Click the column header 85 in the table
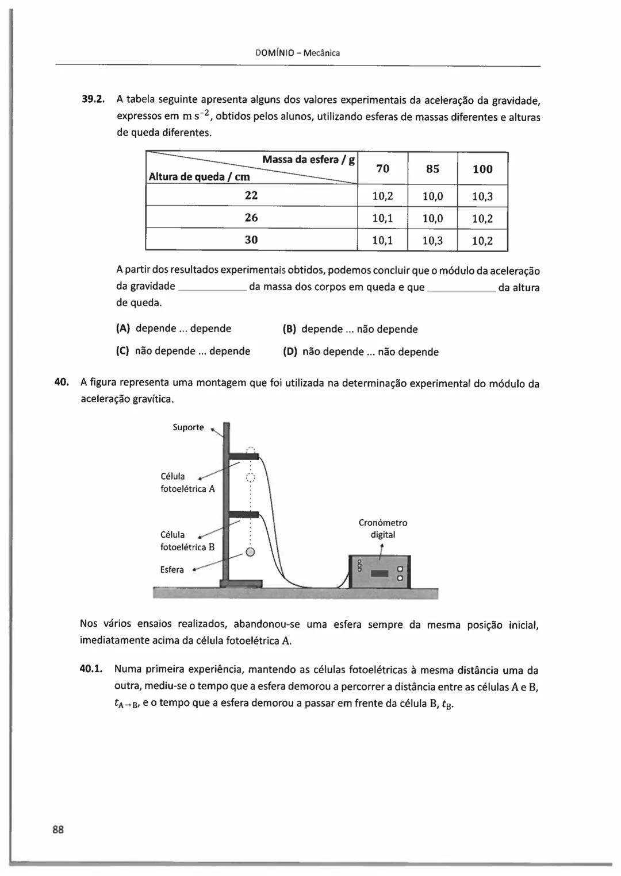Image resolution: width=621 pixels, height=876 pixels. tap(432, 169)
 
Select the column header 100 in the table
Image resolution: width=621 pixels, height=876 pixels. tap(482, 169)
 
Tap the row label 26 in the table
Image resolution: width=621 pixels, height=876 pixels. tap(251, 218)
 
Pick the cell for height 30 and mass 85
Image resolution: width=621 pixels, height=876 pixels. tap(432, 241)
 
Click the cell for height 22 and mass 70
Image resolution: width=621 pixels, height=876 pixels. tap(382, 196)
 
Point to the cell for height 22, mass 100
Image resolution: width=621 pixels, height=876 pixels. tap(482, 196)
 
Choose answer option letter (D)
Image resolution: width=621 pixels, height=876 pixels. tap(289, 352)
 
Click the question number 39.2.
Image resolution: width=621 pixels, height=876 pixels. tap(92, 99)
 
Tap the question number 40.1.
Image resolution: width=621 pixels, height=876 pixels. tap(91, 669)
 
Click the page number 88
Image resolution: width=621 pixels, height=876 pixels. tap(58, 829)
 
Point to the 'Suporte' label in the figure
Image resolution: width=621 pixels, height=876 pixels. tap(188, 427)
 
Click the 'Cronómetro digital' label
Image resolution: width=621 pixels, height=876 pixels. tap(382, 528)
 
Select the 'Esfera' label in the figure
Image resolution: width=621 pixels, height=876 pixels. tap(172, 570)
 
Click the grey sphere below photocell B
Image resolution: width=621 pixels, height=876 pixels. tap(250, 553)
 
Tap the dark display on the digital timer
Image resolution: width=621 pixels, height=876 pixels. tap(380, 573)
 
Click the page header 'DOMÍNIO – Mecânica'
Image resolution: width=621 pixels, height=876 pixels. tap(297, 53)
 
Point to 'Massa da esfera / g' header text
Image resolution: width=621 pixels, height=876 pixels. tap(308, 160)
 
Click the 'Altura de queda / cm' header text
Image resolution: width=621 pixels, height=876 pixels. tap(199, 177)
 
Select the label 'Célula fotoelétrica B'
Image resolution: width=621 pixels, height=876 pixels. tap(187, 541)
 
